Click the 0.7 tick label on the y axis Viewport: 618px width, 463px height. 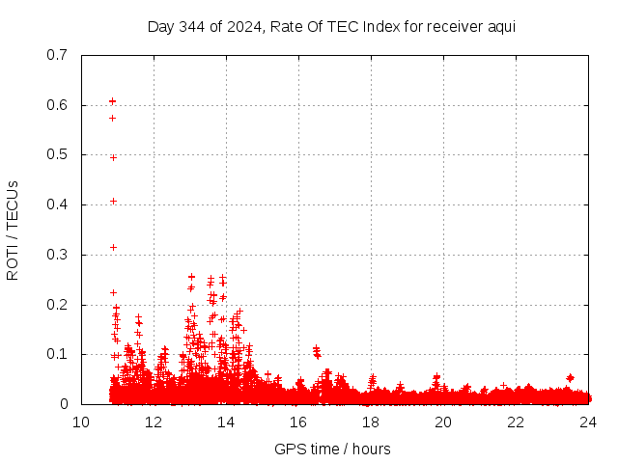click(x=55, y=54)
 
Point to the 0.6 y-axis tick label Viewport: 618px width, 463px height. click(x=55, y=104)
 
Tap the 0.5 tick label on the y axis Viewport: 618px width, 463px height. click(x=55, y=154)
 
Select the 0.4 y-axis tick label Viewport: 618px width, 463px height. click(x=55, y=204)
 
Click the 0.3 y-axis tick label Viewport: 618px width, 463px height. click(x=55, y=255)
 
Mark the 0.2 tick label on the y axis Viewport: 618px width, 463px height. click(x=55, y=305)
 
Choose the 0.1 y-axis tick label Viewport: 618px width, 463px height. click(x=55, y=354)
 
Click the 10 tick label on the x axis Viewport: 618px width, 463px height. click(x=81, y=422)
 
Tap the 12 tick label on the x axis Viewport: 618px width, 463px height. click(x=154, y=422)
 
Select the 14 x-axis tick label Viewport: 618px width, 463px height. click(x=226, y=422)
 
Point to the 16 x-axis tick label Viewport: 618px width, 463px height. click(x=298, y=422)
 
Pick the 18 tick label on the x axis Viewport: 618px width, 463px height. click(x=371, y=422)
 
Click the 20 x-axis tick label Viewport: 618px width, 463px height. click(x=443, y=422)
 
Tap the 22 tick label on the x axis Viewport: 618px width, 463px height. click(x=516, y=422)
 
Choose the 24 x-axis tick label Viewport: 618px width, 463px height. click(x=588, y=422)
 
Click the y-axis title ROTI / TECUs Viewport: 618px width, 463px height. click(x=13, y=230)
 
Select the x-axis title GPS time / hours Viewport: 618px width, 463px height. click(x=332, y=449)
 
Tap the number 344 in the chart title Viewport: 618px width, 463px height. click(x=193, y=26)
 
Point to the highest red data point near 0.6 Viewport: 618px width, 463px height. click(x=112, y=100)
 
